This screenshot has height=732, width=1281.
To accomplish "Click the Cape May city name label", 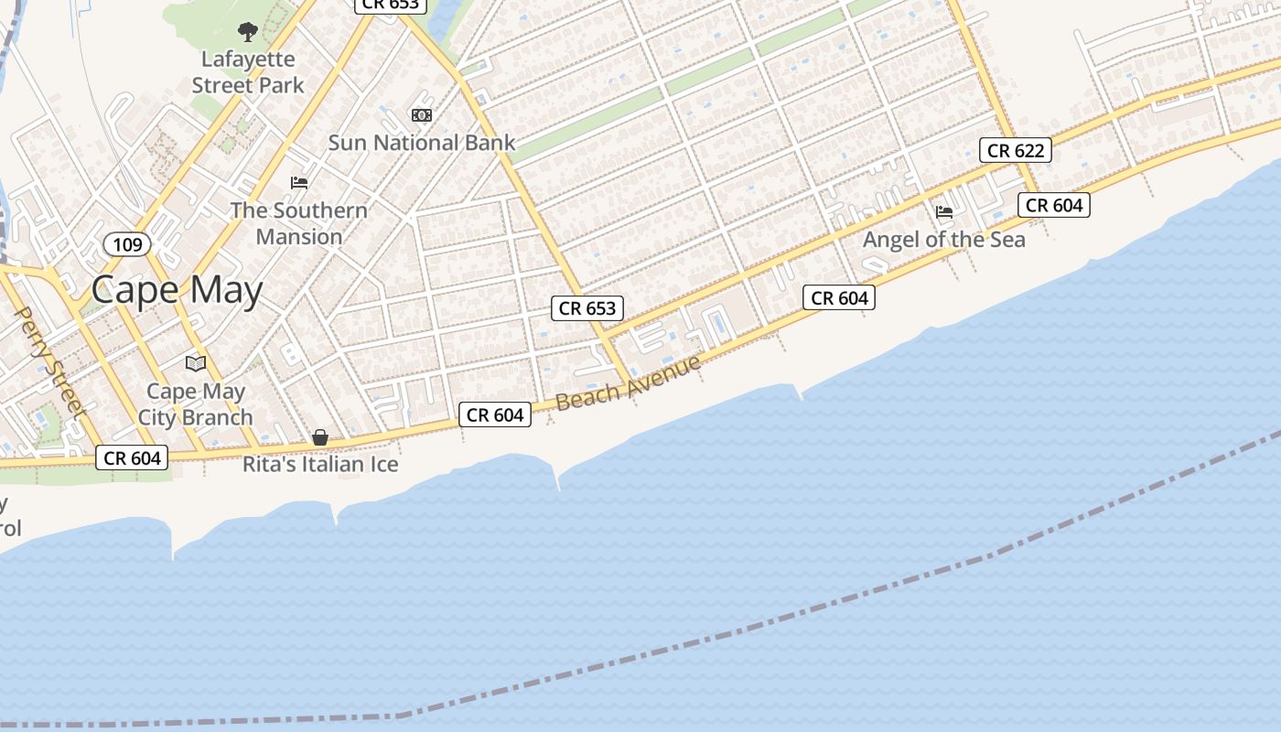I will [x=177, y=290].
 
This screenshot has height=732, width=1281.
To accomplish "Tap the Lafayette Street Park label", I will [x=247, y=72].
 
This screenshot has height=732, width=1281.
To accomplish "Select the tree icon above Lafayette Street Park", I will [x=247, y=32].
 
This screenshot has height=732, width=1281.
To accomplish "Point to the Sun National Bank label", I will [x=422, y=143].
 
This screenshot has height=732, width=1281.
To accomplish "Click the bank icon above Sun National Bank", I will [x=422, y=115].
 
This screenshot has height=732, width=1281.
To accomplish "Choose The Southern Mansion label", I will [x=298, y=223].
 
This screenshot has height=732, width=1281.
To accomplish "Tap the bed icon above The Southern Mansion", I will [x=299, y=183].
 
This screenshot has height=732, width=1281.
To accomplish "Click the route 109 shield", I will [x=127, y=244].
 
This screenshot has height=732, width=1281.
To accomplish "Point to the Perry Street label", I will [x=50, y=362].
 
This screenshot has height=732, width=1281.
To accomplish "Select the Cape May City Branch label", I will [x=196, y=404].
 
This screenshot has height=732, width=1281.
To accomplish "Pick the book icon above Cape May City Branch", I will [x=196, y=364].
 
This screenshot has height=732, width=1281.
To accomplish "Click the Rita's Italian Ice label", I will [x=320, y=464].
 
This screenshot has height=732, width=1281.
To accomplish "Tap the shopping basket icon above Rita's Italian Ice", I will [x=320, y=437].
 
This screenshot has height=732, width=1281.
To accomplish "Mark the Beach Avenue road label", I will [x=628, y=382].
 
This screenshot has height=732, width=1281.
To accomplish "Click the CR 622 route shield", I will [x=1015, y=150].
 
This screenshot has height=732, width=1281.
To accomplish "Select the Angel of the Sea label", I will [x=944, y=240].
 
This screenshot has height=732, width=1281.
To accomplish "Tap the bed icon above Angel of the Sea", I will [x=944, y=212].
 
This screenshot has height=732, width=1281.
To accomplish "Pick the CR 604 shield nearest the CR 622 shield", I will [x=1054, y=205].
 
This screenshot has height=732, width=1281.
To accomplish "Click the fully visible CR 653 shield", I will [x=587, y=308].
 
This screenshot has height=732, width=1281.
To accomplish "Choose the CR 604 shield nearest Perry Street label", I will [x=133, y=457].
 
